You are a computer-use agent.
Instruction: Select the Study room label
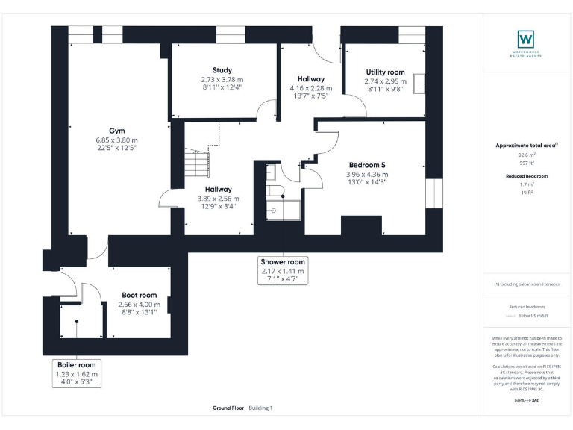222,70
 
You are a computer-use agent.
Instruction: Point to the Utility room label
385,72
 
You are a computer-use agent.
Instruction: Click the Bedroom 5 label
367,165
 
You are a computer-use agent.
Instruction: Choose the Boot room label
139,295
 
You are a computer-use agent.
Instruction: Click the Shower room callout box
283,271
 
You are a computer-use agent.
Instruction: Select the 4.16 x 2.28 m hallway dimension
310,88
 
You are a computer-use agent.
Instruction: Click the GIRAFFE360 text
527,401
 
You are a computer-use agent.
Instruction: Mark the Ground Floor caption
228,408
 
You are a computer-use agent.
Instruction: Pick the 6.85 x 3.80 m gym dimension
116,140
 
